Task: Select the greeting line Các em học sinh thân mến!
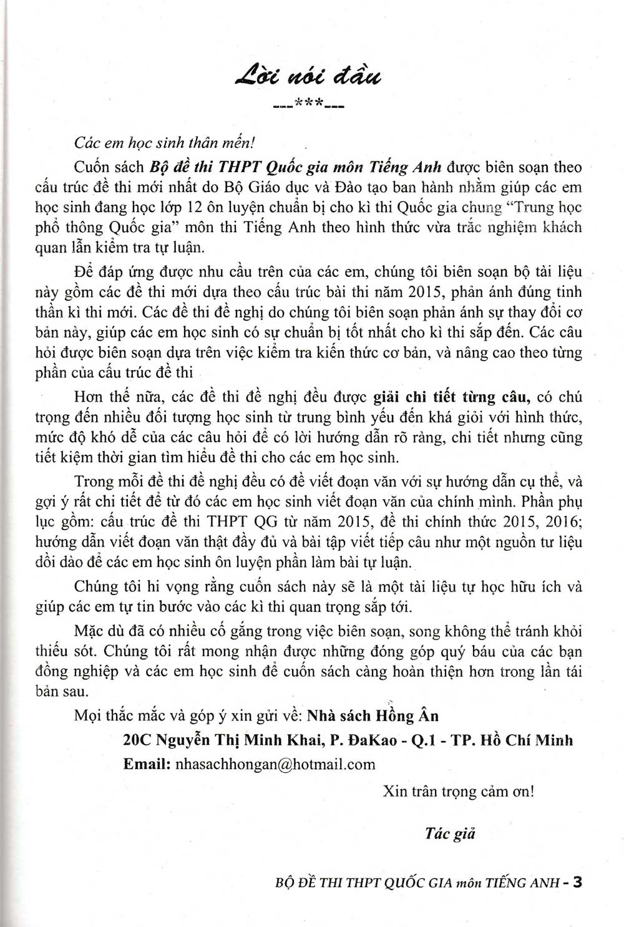(164, 142)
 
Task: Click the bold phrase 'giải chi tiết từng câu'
(451, 396)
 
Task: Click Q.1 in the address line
(426, 740)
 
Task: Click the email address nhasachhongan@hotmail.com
(276, 764)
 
